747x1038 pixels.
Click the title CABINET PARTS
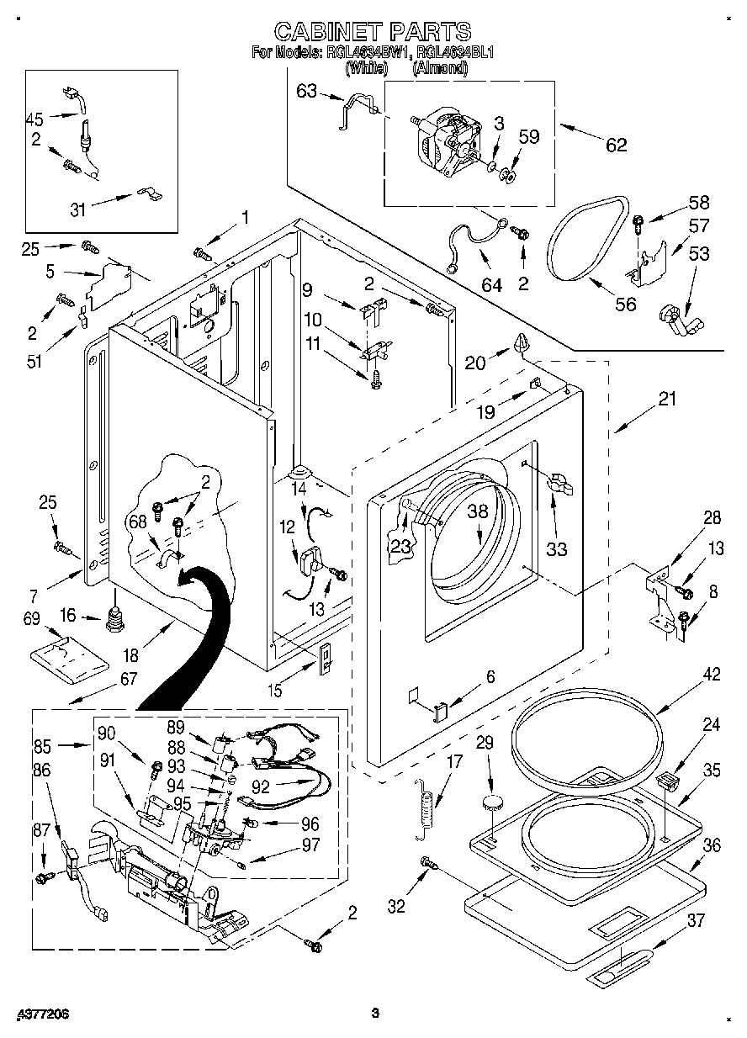[373, 31]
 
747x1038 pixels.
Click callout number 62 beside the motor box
[616, 145]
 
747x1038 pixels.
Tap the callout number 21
[666, 400]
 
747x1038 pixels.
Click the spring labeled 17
[429, 806]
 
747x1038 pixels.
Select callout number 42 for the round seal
[687, 674]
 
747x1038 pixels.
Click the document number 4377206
[34, 1014]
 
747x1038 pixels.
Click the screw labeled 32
[428, 863]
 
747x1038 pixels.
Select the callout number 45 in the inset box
[35, 119]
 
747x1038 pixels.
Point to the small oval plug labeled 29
[493, 802]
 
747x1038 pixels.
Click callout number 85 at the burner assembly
[42, 744]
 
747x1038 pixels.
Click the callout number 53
[698, 253]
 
